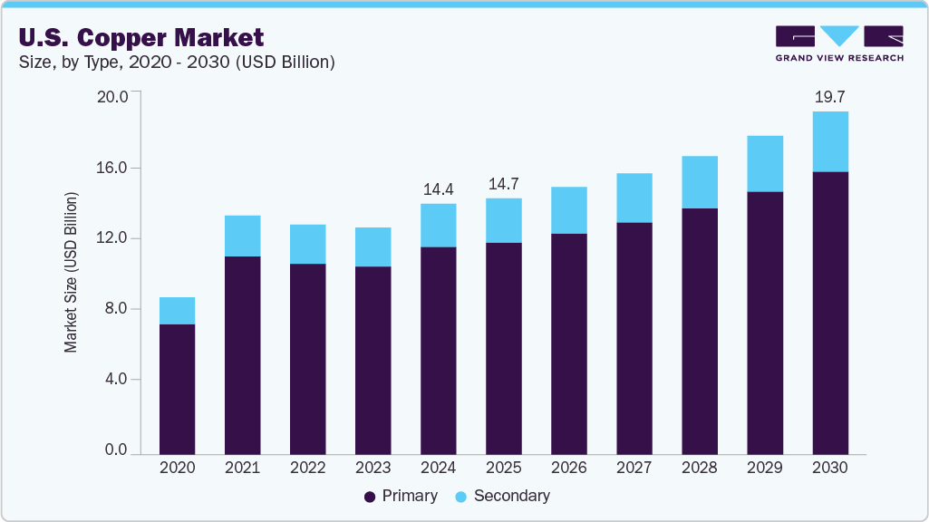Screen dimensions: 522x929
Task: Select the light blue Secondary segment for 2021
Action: [x=242, y=236]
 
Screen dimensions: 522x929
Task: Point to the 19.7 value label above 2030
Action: [x=830, y=97]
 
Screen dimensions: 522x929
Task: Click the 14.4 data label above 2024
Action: [x=439, y=189]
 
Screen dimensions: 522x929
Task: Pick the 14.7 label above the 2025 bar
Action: [x=504, y=184]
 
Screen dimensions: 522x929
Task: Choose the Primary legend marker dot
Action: [x=370, y=497]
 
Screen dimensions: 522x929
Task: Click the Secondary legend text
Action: [x=511, y=497]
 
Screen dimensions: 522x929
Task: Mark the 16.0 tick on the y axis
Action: [x=114, y=168]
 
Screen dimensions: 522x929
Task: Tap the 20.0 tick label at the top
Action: [x=114, y=97]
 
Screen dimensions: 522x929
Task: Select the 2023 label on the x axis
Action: [x=373, y=469]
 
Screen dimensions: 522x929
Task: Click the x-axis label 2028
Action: [x=700, y=469]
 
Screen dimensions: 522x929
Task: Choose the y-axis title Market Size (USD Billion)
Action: [x=71, y=272]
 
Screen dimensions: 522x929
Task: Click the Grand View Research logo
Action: [x=839, y=43]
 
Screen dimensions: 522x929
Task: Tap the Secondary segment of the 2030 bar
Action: [x=830, y=141]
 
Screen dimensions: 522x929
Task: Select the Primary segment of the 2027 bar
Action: [x=634, y=337]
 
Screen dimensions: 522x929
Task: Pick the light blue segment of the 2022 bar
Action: [x=307, y=244]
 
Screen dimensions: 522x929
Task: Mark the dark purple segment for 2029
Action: [x=765, y=322]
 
